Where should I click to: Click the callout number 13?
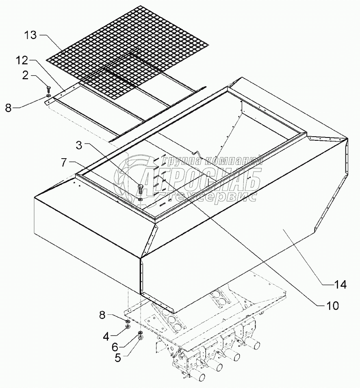click(30, 35)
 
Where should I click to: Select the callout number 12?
click(22, 60)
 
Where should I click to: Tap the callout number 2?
click(26, 76)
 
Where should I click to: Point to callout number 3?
click(79, 145)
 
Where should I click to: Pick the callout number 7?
click(64, 163)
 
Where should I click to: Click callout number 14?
click(340, 285)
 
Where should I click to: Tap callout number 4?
click(106, 336)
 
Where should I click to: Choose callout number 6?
click(115, 347)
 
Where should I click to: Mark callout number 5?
click(118, 358)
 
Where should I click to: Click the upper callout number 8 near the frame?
click(9, 108)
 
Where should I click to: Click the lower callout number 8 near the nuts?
click(102, 315)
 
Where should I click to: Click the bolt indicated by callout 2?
click(48, 88)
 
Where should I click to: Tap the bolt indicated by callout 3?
click(141, 189)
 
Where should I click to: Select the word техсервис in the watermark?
click(207, 195)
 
